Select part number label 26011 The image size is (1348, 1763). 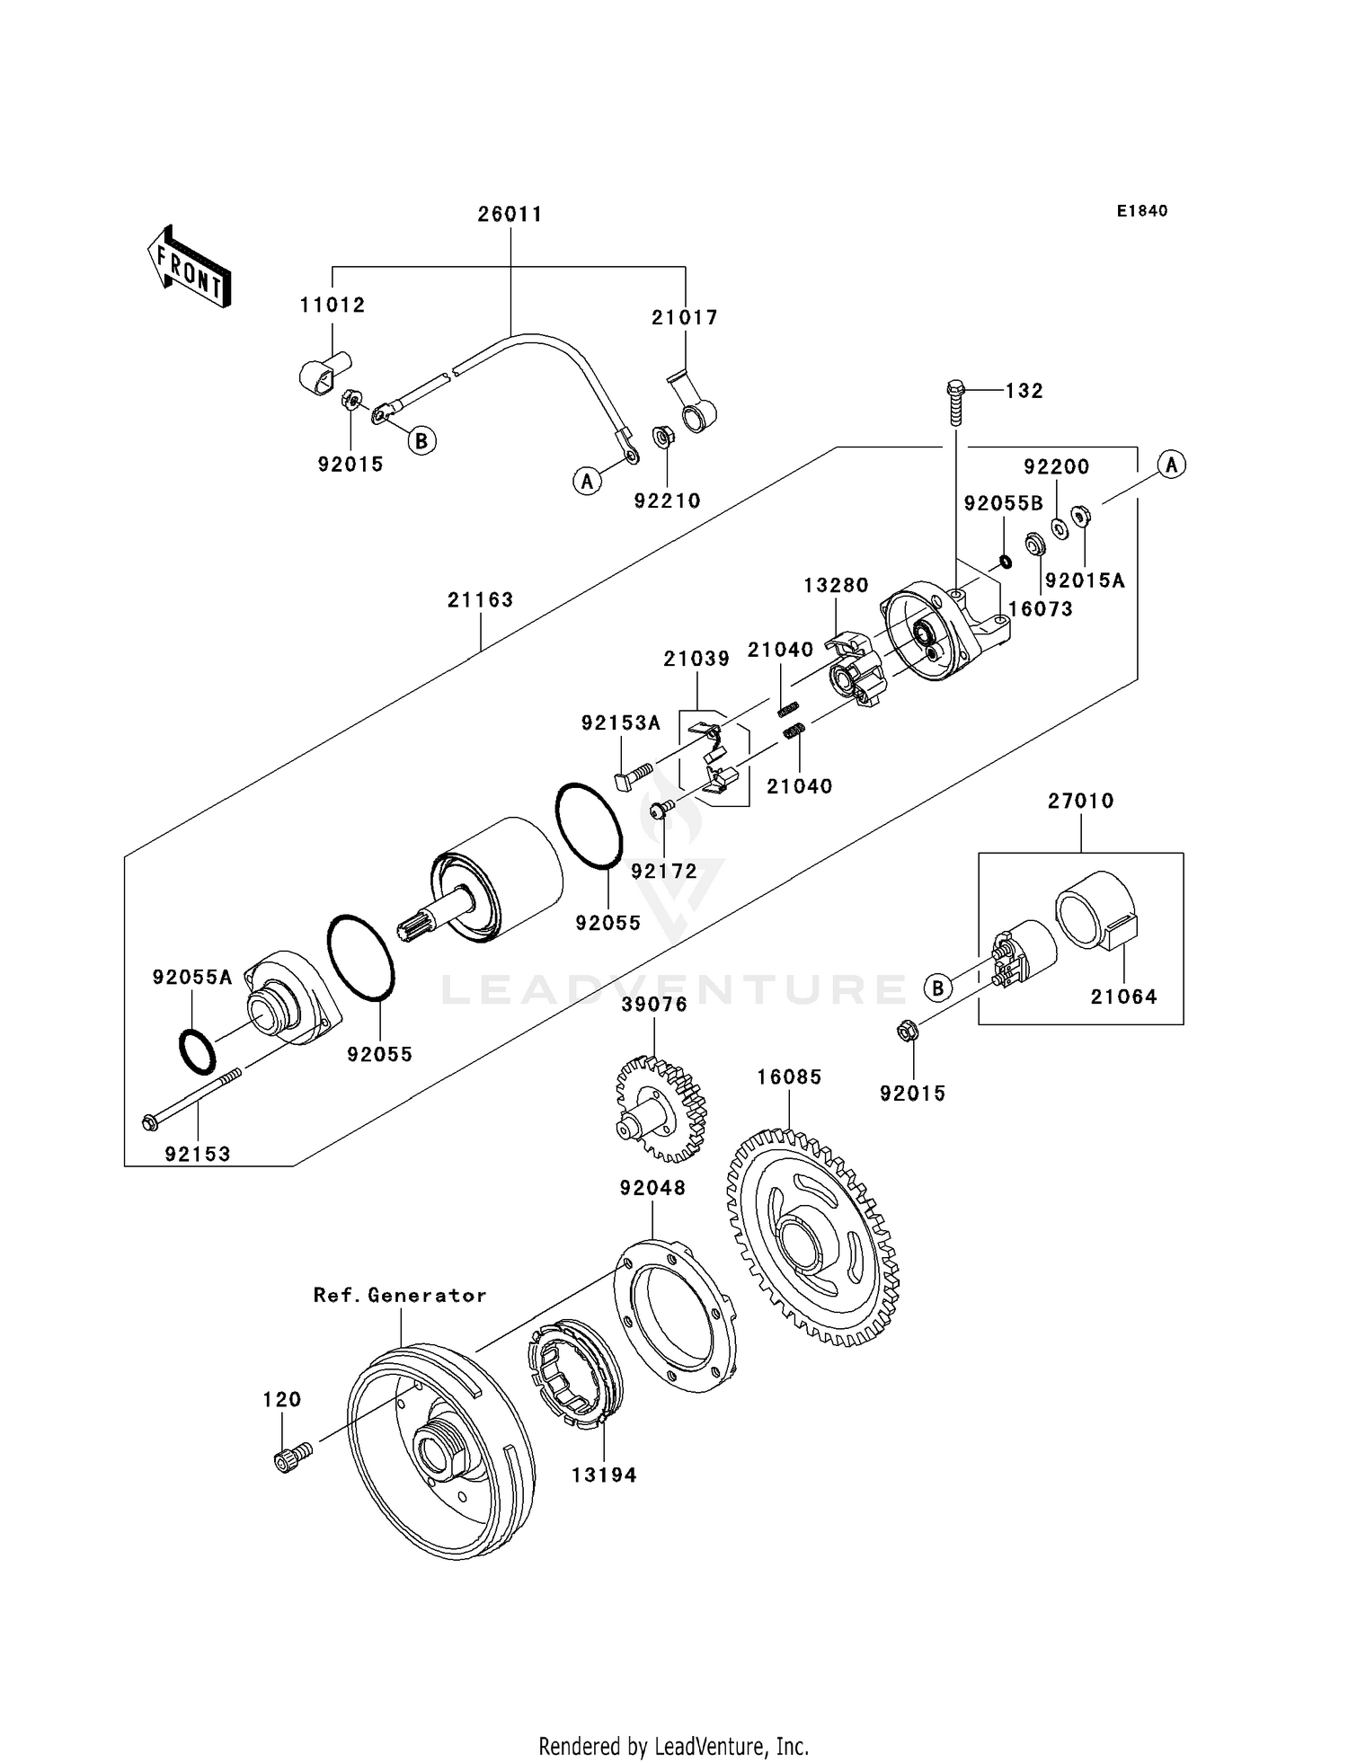click(x=510, y=214)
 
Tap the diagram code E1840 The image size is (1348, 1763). click(x=1141, y=211)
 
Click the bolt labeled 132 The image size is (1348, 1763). click(x=955, y=404)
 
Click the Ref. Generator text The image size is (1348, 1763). click(x=400, y=1295)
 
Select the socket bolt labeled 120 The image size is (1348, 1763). click(x=290, y=1457)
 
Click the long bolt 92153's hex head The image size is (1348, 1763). click(x=150, y=1122)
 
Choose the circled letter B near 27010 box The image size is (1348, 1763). click(x=937, y=988)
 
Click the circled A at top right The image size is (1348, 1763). click(x=1171, y=465)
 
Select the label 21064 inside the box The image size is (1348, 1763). click(x=1123, y=997)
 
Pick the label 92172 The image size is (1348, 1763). click(x=663, y=871)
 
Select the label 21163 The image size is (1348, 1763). click(x=480, y=599)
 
